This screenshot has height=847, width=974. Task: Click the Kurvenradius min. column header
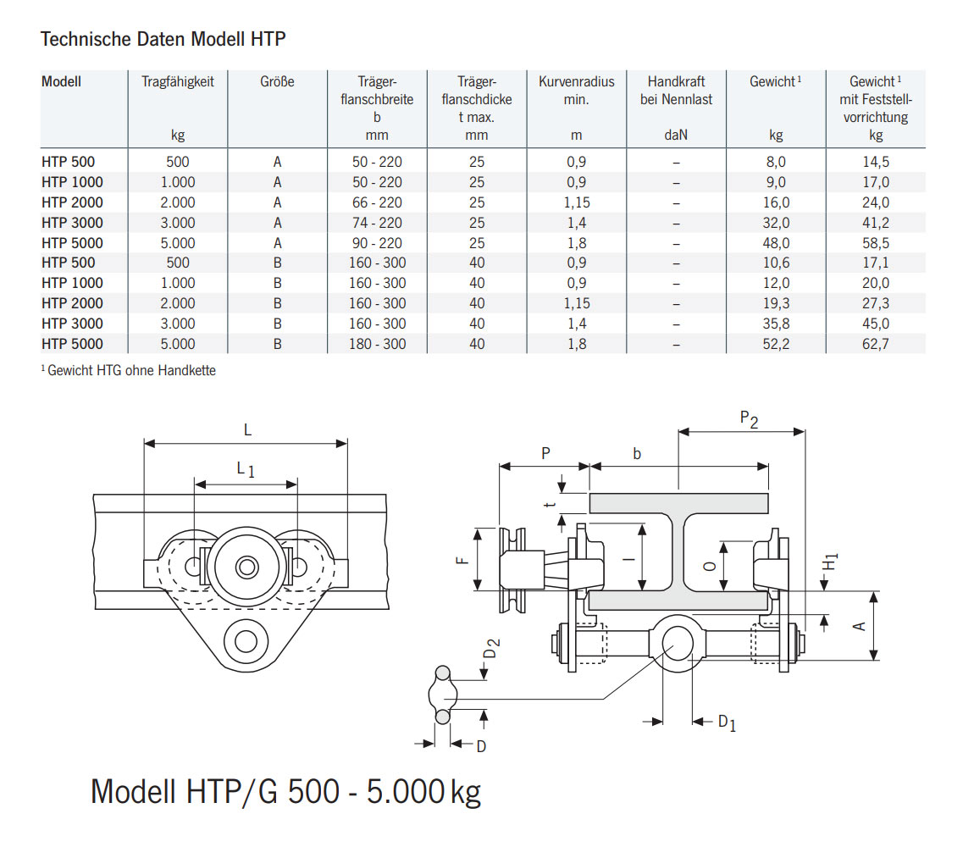click(576, 91)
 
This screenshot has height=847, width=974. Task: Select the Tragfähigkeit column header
click(177, 82)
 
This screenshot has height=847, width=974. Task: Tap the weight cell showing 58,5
click(875, 243)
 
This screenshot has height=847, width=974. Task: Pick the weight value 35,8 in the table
click(775, 324)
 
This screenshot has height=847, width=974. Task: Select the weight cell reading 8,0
click(775, 162)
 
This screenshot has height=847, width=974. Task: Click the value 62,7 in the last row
click(875, 344)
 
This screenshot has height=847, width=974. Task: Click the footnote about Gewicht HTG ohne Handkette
click(128, 370)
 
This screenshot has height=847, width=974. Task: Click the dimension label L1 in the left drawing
click(246, 469)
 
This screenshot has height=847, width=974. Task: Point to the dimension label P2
click(749, 418)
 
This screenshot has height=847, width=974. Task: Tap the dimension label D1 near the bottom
click(727, 722)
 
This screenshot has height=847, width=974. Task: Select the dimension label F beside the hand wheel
click(460, 559)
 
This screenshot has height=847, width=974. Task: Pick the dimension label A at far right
click(859, 625)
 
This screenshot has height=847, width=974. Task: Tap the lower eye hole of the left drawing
click(246, 640)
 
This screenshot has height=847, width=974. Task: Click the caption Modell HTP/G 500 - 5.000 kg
click(285, 791)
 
